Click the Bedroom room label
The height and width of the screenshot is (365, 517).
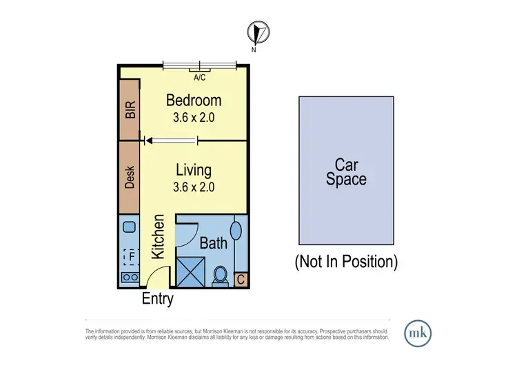point(194,101)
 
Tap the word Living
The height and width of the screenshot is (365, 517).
point(193,169)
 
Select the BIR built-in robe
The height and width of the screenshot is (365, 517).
point(130,110)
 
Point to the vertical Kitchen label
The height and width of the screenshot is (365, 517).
point(158,237)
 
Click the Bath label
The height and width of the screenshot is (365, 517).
point(213,243)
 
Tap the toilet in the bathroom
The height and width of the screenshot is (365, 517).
point(221,275)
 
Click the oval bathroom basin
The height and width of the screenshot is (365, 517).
point(236,231)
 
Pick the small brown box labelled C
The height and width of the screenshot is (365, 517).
point(241,279)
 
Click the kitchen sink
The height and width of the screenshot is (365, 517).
point(129,226)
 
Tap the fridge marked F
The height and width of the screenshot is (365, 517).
point(129,256)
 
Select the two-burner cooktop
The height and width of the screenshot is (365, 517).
point(129,278)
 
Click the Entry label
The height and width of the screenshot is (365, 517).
point(157,300)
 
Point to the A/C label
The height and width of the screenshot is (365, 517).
point(200,78)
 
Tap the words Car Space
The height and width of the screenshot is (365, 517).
point(346,172)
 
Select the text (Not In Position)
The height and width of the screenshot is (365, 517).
point(346,262)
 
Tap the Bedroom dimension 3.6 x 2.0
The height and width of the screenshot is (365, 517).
point(194,118)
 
